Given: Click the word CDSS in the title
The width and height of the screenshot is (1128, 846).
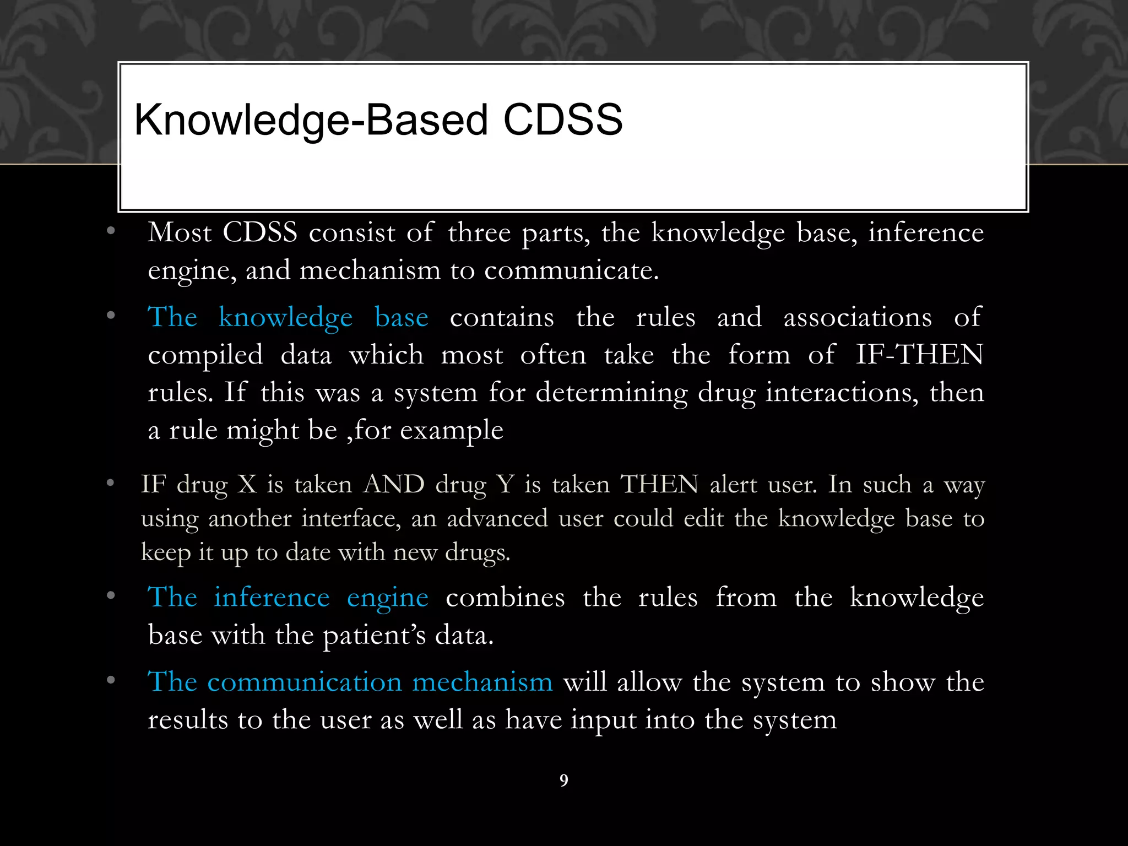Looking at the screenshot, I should [562, 120].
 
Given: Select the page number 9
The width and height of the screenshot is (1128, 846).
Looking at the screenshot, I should [563, 780].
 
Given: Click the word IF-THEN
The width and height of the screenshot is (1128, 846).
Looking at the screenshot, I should [919, 354].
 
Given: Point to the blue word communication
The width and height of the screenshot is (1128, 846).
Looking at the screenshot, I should [305, 682].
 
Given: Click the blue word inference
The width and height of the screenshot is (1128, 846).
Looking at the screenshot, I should [272, 598].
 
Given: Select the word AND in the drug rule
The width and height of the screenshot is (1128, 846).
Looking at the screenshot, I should [394, 485].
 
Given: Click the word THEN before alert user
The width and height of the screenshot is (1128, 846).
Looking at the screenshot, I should [659, 485].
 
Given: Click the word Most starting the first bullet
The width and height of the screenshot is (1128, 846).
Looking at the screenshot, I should [180, 232].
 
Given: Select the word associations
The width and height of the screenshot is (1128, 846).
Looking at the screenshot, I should [858, 318].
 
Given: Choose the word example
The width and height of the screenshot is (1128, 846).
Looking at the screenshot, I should [452, 431].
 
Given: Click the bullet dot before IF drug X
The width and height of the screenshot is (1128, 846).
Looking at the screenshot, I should [111, 484].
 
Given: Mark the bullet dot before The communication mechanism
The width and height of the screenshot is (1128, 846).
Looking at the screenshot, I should [111, 681].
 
